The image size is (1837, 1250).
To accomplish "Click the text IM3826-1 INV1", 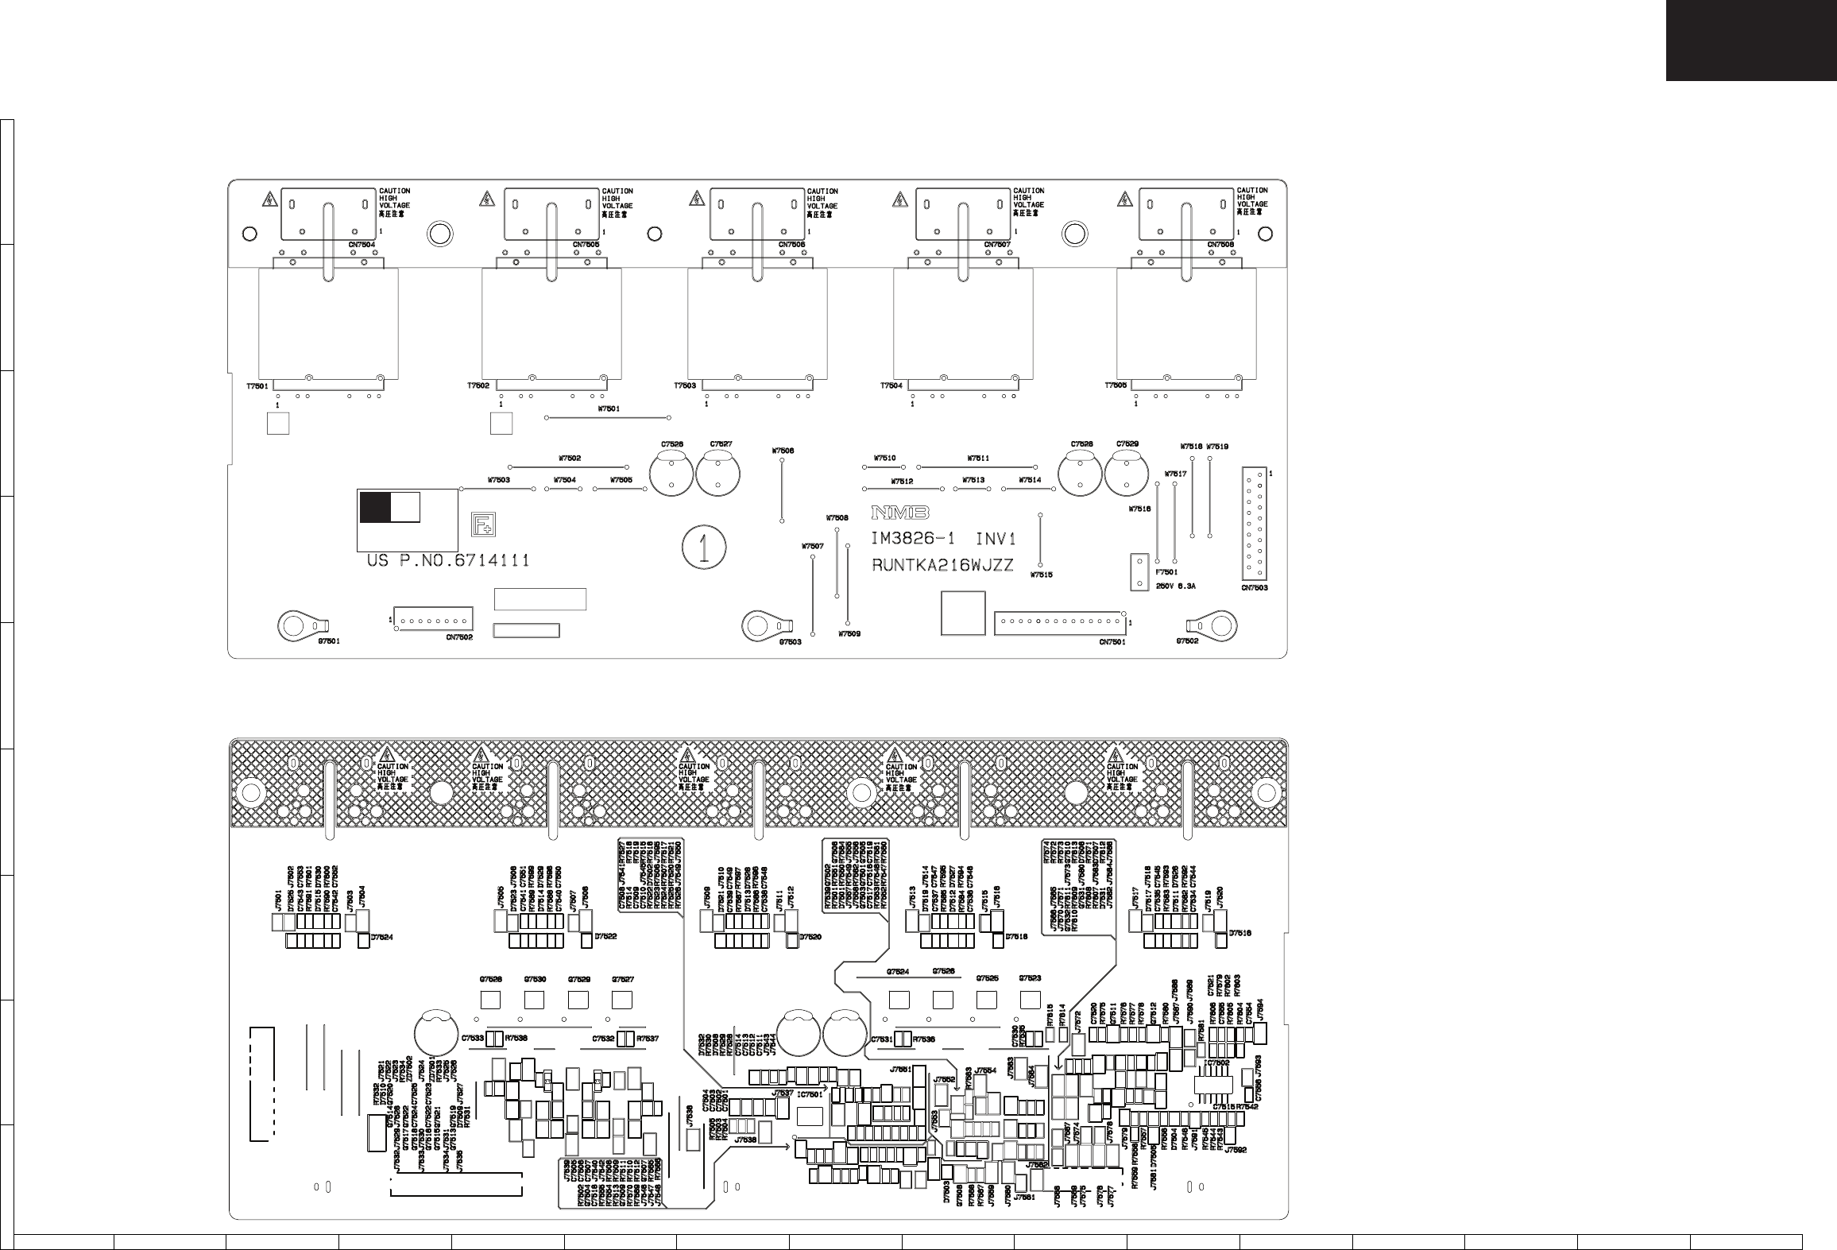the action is click(944, 539).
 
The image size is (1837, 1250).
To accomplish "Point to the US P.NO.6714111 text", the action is click(448, 561).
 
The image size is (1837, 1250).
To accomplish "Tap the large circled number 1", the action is click(703, 548).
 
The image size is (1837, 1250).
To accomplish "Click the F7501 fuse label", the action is click(1166, 571).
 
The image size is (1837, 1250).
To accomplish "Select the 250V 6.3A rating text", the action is click(1175, 586).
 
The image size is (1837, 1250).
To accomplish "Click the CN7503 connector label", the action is click(1255, 589).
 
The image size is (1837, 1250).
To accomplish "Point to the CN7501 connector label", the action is click(1112, 642).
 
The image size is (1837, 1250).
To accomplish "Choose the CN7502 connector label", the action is click(459, 637).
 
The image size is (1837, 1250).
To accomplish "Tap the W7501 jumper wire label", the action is click(608, 409).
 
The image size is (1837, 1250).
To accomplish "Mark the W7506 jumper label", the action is click(783, 451).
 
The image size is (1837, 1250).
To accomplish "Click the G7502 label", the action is click(1187, 641).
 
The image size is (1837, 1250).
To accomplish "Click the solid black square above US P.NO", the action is click(374, 507).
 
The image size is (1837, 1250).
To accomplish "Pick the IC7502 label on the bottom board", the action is click(1216, 1062).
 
